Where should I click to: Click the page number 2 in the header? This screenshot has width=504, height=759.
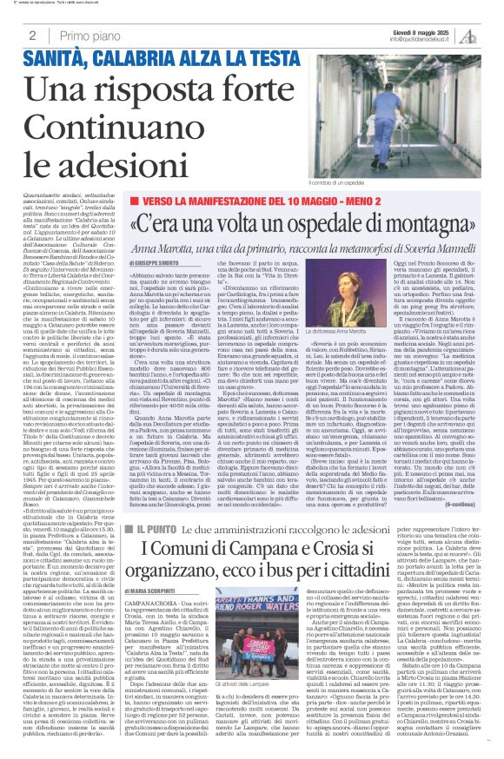point(31,36)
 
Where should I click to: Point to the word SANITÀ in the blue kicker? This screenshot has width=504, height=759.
point(57,60)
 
